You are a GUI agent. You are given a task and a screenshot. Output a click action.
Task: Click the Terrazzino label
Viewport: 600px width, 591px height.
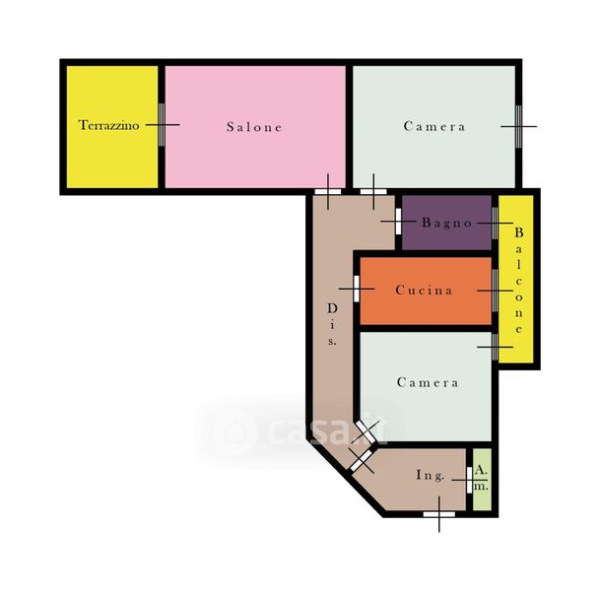pos(108,125)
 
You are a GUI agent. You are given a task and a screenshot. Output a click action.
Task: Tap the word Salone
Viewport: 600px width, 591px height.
pos(254,127)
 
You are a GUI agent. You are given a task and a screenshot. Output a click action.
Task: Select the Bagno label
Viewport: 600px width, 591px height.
pos(447,223)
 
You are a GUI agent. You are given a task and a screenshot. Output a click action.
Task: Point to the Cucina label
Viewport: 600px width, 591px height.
pos(424,291)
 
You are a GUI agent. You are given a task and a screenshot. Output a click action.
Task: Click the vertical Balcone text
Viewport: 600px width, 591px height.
pos(519,280)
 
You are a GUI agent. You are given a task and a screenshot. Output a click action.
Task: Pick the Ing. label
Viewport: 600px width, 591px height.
pos(431,475)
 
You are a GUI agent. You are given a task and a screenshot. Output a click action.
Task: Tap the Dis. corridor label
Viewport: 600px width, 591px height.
pos(332,324)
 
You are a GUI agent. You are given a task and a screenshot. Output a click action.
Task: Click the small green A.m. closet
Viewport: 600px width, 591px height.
pos(482,480)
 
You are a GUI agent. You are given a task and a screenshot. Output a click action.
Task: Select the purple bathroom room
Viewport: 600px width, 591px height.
pos(446,223)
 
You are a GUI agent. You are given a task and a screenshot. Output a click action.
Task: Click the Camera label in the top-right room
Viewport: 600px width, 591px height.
pos(434,126)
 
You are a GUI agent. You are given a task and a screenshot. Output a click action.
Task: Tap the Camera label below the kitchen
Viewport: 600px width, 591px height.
pos(428,382)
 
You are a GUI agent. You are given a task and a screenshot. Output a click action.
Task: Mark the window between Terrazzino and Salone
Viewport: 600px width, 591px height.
pos(162,125)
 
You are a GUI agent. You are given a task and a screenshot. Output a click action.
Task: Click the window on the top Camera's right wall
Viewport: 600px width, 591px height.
pos(518,126)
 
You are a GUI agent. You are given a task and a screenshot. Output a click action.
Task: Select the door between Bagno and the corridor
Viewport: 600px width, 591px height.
pos(398,221)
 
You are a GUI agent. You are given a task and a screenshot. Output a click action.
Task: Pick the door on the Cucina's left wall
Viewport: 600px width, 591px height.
pos(357,289)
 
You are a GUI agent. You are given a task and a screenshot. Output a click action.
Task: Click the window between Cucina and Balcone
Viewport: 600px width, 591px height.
pos(495,291)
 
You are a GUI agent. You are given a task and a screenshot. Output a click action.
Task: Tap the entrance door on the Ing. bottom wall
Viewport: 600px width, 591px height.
pos(438,514)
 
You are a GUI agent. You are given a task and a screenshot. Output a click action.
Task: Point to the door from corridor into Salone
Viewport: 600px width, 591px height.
pos(328,192)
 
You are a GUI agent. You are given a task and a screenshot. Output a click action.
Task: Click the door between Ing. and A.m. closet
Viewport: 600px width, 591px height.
pos(470,480)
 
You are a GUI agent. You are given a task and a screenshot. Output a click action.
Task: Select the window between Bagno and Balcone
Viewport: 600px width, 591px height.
pos(495,223)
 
